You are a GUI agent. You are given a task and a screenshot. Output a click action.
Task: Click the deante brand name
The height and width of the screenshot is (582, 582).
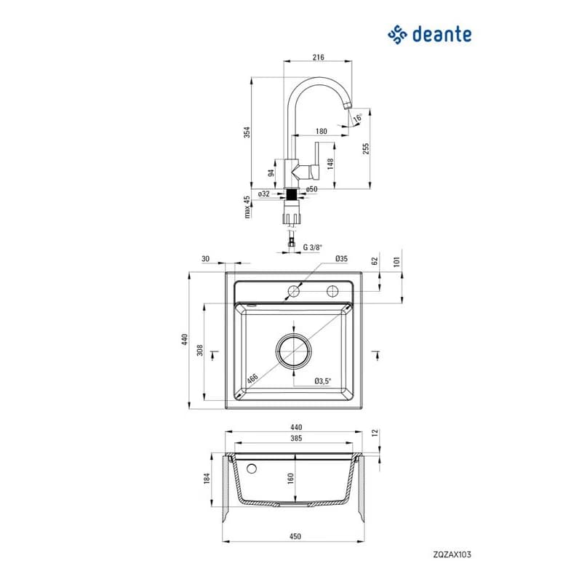(x=442, y=34)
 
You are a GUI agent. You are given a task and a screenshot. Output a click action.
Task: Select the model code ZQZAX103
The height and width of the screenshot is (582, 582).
(x=452, y=554)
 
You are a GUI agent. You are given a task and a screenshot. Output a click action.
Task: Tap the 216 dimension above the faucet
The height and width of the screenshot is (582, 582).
(x=318, y=57)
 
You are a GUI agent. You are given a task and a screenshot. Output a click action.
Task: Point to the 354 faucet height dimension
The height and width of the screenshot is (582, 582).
(x=247, y=132)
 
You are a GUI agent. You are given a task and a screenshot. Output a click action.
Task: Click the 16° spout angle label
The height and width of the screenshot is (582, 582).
(x=358, y=118)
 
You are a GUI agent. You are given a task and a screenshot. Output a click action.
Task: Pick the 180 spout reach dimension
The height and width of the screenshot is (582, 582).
(x=321, y=131)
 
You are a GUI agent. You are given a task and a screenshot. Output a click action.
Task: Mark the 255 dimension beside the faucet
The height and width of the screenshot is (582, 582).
(x=366, y=148)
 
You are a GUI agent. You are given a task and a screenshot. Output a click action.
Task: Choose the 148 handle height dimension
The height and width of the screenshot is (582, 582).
(x=330, y=164)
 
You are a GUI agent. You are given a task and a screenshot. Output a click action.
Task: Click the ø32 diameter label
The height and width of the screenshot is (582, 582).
(x=264, y=194)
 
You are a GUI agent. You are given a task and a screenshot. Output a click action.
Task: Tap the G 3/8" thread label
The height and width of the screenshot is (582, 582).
(x=313, y=247)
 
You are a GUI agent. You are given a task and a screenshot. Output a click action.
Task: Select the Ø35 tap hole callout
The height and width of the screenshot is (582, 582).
(x=341, y=259)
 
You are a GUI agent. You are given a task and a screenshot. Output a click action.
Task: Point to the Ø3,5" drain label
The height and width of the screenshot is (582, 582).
(x=322, y=380)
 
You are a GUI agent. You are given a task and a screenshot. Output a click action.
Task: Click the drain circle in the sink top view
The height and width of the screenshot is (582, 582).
(x=294, y=350)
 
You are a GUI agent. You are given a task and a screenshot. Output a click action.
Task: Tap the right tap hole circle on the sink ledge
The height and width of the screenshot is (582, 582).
(x=332, y=292)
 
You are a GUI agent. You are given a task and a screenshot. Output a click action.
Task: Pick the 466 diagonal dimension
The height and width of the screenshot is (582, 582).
(x=252, y=378)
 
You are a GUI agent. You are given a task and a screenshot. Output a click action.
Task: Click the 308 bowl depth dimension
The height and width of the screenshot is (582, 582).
(x=199, y=350)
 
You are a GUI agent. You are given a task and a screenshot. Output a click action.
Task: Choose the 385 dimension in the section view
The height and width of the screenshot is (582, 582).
(x=296, y=439)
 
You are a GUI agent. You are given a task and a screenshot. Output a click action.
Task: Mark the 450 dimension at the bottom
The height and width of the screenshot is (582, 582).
(x=295, y=536)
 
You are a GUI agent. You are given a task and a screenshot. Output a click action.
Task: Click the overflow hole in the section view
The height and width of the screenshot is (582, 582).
(x=252, y=469)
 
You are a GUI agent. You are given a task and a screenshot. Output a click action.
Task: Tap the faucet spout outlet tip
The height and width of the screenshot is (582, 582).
(x=348, y=106)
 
